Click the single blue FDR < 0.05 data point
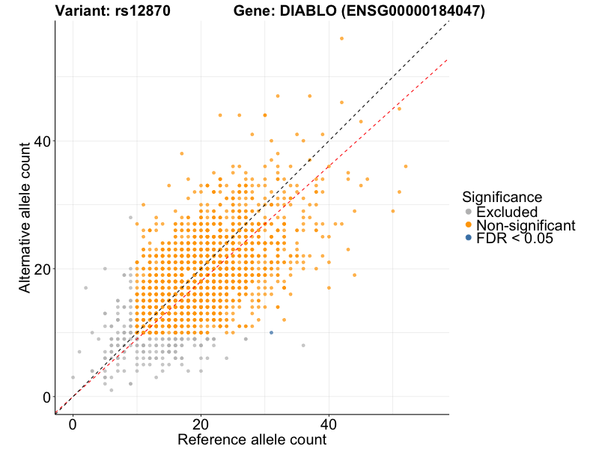point(271,332)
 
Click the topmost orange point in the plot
point(341,38)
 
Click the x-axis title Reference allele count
point(252,440)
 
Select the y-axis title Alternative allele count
point(25,217)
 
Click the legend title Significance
point(502,197)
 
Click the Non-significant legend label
point(526,225)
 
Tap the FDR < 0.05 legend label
point(517,239)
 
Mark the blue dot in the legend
point(469,238)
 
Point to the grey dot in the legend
point(469,212)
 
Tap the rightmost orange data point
point(406,166)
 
